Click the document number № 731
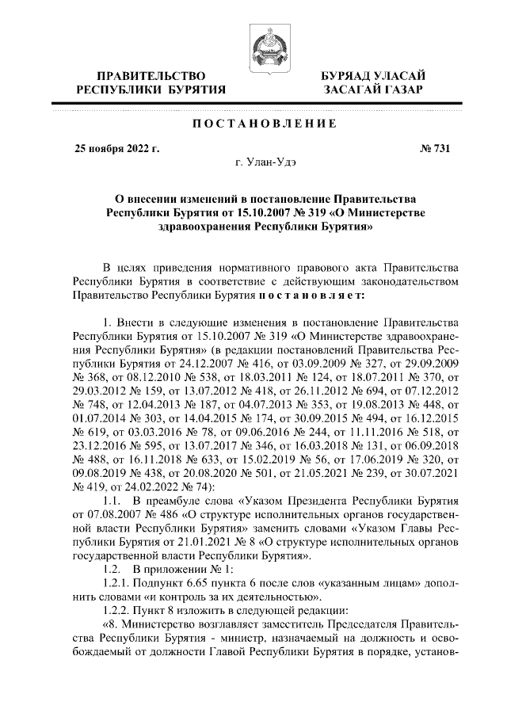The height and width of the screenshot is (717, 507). point(433,147)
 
